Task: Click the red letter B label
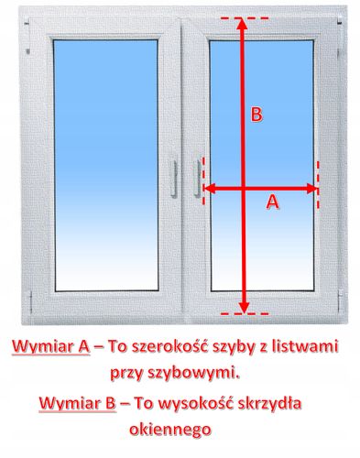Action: [x=257, y=114]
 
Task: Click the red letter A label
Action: [x=271, y=203]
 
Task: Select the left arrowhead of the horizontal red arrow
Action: [x=208, y=190]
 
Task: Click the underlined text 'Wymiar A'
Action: [x=49, y=346]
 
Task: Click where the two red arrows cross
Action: [x=244, y=190]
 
